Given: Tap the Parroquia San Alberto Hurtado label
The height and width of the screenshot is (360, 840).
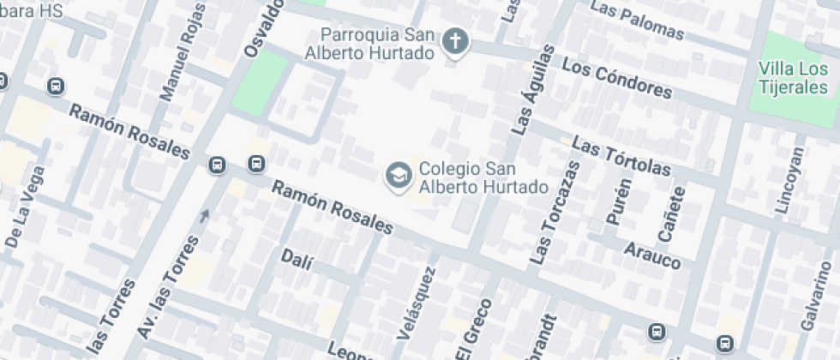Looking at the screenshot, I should point(375,43).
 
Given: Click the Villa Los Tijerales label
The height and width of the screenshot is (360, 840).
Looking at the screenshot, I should point(793,78).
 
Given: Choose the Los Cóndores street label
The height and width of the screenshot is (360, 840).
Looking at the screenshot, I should point(616,78).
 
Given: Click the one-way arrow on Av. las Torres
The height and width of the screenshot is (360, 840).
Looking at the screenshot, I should point(204,216).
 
